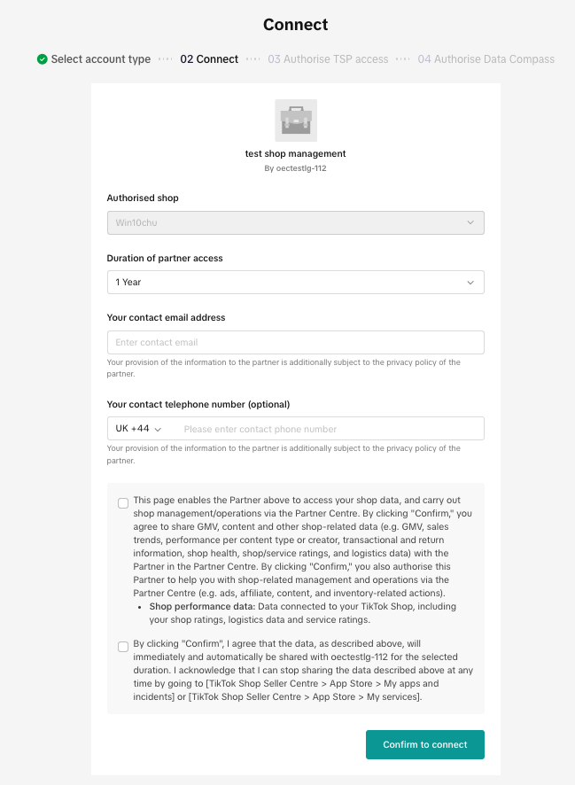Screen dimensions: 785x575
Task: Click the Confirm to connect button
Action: (x=424, y=744)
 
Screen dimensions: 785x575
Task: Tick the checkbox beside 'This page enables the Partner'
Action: (x=123, y=503)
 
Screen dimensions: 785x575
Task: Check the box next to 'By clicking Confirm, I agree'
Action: (x=123, y=647)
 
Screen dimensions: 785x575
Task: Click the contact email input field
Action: (x=295, y=343)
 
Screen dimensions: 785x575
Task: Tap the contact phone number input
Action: (x=328, y=429)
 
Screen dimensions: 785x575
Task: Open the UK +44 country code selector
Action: (x=138, y=429)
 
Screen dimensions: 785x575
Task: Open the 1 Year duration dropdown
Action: (x=295, y=282)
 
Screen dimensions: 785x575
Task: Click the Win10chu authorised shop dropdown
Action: (x=295, y=222)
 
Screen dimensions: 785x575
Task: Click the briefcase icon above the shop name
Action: (x=296, y=120)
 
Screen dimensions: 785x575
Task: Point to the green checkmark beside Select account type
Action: (x=43, y=59)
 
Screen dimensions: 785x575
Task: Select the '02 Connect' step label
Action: (x=209, y=59)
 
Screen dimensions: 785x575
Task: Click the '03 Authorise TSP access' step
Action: (x=328, y=59)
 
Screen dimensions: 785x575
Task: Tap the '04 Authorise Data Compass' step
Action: (x=486, y=59)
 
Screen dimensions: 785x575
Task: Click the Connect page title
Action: (x=296, y=25)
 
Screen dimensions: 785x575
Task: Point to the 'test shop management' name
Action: (x=296, y=153)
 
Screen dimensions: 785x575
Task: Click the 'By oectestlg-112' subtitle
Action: (x=296, y=167)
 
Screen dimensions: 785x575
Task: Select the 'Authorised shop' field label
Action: (x=143, y=198)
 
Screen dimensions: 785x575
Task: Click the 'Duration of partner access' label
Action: (x=165, y=258)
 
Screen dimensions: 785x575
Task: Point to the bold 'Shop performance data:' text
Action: (x=202, y=606)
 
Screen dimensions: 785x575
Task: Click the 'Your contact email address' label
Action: (x=166, y=317)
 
